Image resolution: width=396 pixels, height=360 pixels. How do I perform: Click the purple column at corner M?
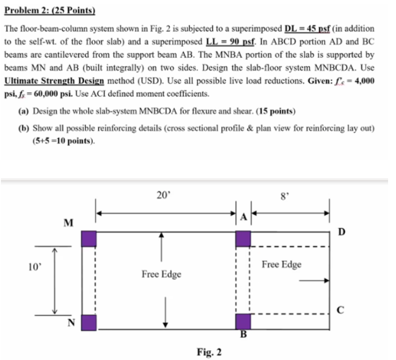click(89, 238)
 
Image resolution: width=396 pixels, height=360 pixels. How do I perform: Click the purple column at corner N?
click(89, 322)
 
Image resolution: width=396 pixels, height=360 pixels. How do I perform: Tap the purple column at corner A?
click(243, 238)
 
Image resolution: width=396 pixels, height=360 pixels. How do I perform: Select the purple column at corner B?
click(243, 321)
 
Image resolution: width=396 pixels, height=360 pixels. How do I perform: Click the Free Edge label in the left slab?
click(162, 274)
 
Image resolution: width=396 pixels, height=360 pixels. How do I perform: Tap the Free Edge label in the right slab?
click(281, 265)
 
